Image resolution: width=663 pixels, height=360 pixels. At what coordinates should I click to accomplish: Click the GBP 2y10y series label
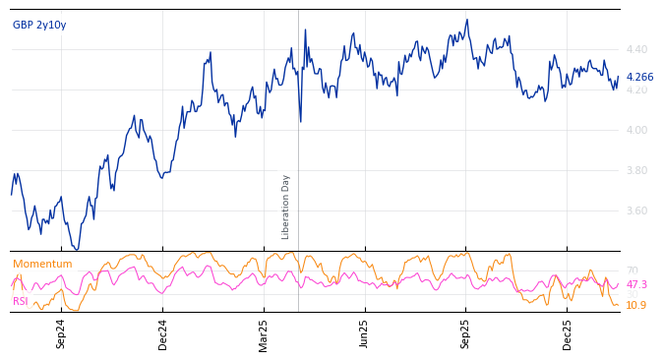point(39,25)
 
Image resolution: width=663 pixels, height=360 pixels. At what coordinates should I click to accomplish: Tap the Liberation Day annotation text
point(286,207)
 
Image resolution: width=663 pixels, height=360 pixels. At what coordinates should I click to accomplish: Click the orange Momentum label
point(42,264)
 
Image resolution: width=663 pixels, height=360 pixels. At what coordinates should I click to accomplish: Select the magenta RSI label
point(21,301)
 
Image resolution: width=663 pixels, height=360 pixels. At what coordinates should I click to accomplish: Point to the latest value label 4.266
point(639,77)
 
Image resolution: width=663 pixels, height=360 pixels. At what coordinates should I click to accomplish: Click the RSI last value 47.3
point(636,284)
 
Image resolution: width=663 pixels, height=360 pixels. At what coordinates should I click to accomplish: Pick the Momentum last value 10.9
point(636,305)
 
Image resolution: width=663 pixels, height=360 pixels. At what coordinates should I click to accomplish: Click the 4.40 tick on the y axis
point(636,49)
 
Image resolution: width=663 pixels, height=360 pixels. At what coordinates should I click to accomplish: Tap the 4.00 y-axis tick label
point(636,130)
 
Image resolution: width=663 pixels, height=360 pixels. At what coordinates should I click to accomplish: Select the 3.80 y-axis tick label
point(636,170)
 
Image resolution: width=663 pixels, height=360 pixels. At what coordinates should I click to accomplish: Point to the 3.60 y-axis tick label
point(636,210)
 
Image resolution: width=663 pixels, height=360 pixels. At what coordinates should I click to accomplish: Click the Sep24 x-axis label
point(61,333)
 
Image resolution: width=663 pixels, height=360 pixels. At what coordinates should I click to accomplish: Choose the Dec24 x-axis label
point(163,333)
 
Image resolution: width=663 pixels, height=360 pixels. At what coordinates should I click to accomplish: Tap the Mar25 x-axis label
point(264,333)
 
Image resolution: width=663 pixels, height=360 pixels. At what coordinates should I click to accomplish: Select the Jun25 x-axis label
point(364,333)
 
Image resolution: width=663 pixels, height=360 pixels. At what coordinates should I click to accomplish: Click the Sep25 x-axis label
point(465,333)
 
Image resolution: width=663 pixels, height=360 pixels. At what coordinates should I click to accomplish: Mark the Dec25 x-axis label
point(568,333)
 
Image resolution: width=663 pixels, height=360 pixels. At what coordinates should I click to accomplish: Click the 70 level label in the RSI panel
point(632,270)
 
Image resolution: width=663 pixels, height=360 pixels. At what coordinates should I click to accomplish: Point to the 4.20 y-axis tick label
point(636,90)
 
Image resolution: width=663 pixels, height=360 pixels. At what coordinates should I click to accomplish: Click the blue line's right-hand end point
point(619,78)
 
